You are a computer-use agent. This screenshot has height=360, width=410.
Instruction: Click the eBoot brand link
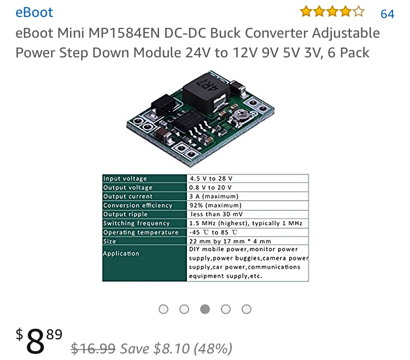click(x=34, y=13)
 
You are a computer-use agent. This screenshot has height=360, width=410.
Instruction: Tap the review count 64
click(x=387, y=14)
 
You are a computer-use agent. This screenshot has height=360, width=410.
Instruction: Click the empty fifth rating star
click(x=359, y=12)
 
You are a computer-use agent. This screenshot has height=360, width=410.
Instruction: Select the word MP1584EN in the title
click(x=124, y=33)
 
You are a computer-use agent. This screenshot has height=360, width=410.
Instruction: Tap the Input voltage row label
click(x=125, y=179)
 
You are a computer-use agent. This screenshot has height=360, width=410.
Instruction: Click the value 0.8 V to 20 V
click(x=210, y=187)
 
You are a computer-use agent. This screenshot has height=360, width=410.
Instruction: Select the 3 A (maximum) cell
click(x=214, y=197)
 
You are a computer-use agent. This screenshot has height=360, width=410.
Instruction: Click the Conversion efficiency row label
click(x=138, y=205)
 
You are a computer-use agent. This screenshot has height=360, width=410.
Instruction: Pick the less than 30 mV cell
click(x=217, y=214)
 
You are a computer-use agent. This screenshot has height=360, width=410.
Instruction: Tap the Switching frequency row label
click(x=137, y=223)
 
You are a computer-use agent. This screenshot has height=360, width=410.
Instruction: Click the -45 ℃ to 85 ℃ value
click(x=213, y=232)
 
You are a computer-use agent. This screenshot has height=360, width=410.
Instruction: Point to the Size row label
click(x=109, y=241)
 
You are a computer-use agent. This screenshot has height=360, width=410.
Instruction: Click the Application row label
click(x=121, y=253)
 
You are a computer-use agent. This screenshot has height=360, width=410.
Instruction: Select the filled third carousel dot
click(x=205, y=309)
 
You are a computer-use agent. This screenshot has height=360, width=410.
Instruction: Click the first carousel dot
click(x=163, y=309)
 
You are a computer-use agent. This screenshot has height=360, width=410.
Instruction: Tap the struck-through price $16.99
click(x=93, y=349)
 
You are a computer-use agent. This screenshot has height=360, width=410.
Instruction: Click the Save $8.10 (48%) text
click(x=176, y=349)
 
